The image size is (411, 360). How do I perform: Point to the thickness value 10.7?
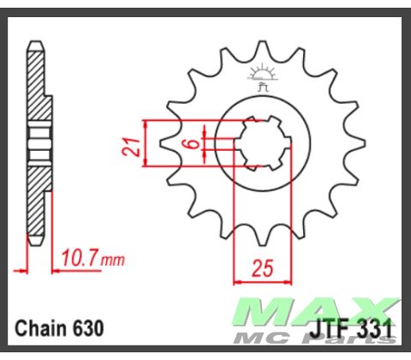(x=80, y=256)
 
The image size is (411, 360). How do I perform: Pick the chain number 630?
(x=89, y=328)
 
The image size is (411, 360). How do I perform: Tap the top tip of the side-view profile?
(x=35, y=45)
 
